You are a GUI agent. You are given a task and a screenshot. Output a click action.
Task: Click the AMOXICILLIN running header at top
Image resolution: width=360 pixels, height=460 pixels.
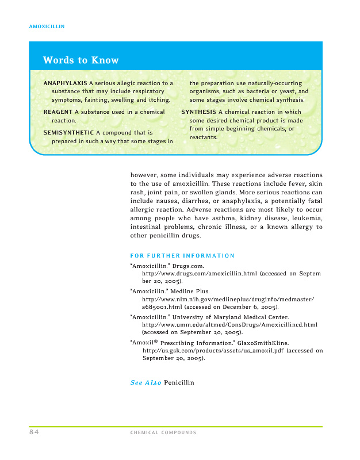(x=46, y=26)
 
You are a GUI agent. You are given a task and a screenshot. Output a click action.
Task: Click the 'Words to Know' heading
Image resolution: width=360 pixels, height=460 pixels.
(x=81, y=60)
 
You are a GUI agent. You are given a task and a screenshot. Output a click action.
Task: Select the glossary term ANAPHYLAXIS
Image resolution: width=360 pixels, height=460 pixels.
(x=65, y=83)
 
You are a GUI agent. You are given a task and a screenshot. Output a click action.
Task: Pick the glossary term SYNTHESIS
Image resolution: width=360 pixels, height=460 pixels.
(x=198, y=112)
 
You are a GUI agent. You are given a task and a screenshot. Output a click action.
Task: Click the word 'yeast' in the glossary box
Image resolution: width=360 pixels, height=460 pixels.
(x=286, y=91)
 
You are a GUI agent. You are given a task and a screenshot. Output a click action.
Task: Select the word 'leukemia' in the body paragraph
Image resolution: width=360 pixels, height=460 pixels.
(x=305, y=218)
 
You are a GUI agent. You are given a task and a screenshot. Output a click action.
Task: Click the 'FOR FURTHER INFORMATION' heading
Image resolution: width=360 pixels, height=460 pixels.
(x=182, y=255)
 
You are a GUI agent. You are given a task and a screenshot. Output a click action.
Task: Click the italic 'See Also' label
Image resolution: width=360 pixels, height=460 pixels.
(x=145, y=382)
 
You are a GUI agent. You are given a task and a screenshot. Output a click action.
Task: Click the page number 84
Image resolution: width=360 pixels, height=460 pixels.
(x=34, y=432)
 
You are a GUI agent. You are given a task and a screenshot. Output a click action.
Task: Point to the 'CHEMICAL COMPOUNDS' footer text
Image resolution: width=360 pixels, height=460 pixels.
(x=163, y=432)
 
